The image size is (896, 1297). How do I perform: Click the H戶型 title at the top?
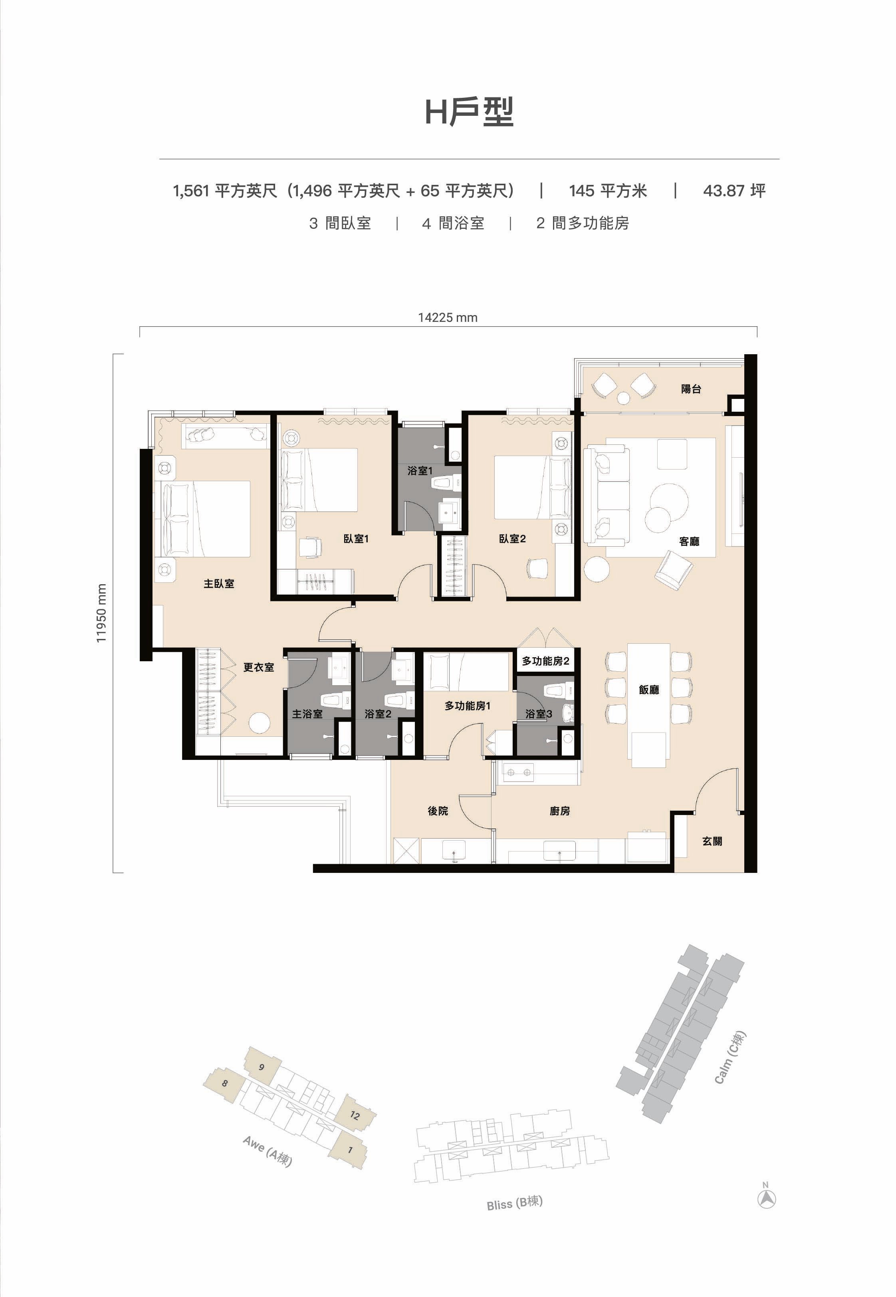point(469,112)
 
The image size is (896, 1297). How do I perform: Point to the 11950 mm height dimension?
point(101,613)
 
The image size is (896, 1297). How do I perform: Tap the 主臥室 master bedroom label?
point(218,584)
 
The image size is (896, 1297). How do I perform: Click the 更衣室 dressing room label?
point(258,667)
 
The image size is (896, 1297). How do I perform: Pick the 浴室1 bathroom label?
point(420,470)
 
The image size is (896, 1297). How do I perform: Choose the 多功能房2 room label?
point(545,661)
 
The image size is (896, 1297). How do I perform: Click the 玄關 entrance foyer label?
point(712,841)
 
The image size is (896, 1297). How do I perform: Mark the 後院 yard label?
point(438,811)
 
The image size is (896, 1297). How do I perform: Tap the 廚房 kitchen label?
point(560,811)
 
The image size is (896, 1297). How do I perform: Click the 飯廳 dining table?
point(648,705)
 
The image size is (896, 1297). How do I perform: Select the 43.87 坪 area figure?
point(734,191)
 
